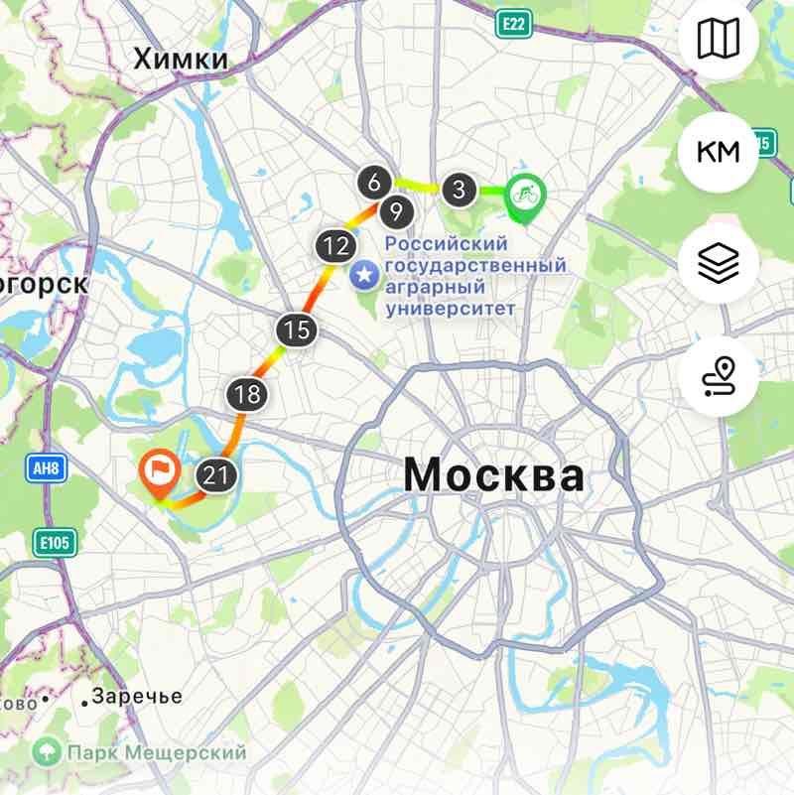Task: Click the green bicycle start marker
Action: (x=523, y=193)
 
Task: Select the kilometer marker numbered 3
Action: (x=457, y=189)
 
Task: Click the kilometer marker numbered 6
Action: (x=373, y=183)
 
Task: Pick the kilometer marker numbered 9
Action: (x=396, y=210)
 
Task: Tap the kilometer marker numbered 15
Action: (x=296, y=330)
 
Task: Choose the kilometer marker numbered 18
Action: (x=248, y=394)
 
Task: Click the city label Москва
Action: (x=493, y=476)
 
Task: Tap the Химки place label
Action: (x=181, y=60)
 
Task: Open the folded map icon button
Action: (x=718, y=40)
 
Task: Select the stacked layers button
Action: (x=718, y=264)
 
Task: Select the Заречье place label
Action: (x=137, y=697)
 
